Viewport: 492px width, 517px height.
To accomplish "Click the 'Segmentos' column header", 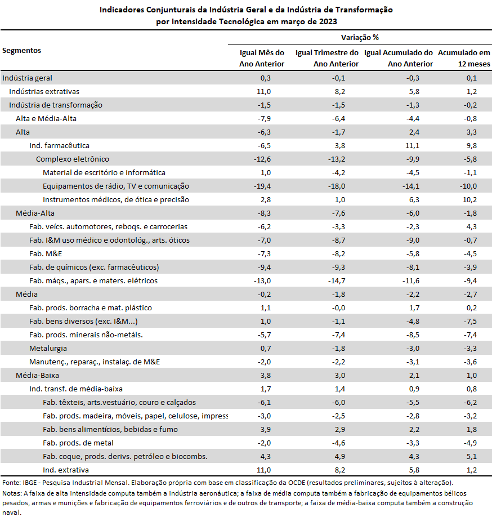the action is point(22,51).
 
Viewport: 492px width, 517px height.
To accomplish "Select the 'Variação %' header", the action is point(360,38).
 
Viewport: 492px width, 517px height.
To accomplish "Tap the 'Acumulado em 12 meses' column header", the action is point(464,58).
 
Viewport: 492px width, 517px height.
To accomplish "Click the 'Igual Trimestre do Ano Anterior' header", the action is point(327,58).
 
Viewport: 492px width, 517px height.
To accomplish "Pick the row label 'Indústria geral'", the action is point(28,78).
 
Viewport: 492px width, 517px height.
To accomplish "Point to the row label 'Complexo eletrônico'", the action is point(73,159).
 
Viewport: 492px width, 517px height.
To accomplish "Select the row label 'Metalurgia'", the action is point(48,349).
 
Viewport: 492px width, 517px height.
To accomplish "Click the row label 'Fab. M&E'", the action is point(46,254).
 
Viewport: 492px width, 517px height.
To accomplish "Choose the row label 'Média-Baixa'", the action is point(38,376).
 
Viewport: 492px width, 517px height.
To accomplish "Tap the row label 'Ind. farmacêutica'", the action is point(59,146).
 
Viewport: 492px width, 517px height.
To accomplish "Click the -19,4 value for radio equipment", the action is point(262,186).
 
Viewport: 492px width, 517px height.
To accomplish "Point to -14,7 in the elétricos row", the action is point(337,281).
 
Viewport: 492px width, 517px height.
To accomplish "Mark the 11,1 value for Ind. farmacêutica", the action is point(413,146).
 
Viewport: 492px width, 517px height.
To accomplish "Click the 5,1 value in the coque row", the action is point(472,457).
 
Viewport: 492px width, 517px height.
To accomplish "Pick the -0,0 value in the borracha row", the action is point(338,308).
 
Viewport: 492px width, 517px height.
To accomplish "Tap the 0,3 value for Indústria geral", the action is point(266,78).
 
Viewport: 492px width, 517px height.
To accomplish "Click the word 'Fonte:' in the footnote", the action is point(11,483).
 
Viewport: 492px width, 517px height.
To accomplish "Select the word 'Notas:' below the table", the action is point(12,493).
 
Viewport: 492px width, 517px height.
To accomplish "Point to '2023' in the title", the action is point(328,22).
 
